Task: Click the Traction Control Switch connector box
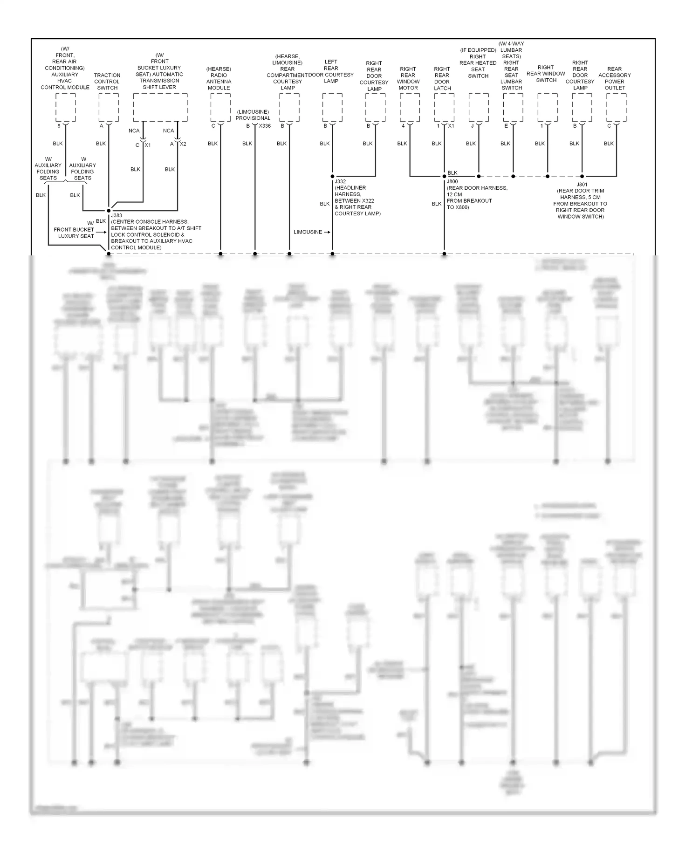click(x=109, y=107)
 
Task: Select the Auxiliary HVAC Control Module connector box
click(x=65, y=107)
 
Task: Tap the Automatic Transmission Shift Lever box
click(x=160, y=107)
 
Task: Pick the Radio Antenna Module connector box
click(x=220, y=107)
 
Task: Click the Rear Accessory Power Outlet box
click(x=616, y=107)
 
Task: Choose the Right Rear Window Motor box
click(x=410, y=107)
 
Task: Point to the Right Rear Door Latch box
click(x=444, y=107)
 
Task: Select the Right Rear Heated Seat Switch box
click(x=479, y=107)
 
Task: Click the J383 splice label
click(x=116, y=216)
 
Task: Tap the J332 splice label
click(x=340, y=181)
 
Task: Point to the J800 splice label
click(x=452, y=181)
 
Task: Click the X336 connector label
click(x=265, y=126)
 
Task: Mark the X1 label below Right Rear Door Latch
click(x=451, y=126)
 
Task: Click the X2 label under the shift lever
click(x=183, y=144)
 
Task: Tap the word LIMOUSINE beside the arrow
click(x=308, y=232)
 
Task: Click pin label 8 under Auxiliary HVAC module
click(x=59, y=126)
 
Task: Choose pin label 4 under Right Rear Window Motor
click(x=403, y=126)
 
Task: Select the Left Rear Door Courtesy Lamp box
click(x=332, y=107)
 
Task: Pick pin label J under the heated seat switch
click(x=472, y=126)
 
